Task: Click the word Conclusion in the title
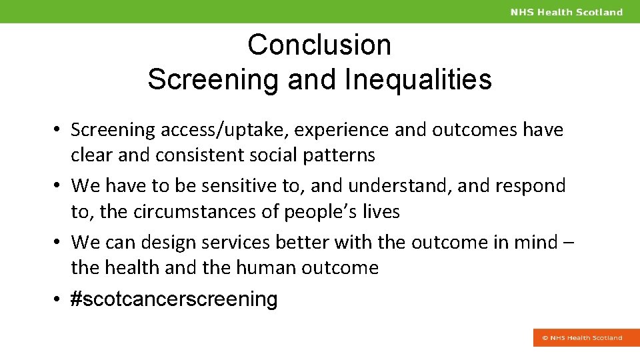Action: coord(319,45)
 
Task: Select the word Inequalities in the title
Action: coord(418,79)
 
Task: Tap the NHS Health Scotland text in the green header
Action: coord(566,12)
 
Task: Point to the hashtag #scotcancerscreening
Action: coord(174,299)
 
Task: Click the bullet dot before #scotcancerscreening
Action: coord(60,300)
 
